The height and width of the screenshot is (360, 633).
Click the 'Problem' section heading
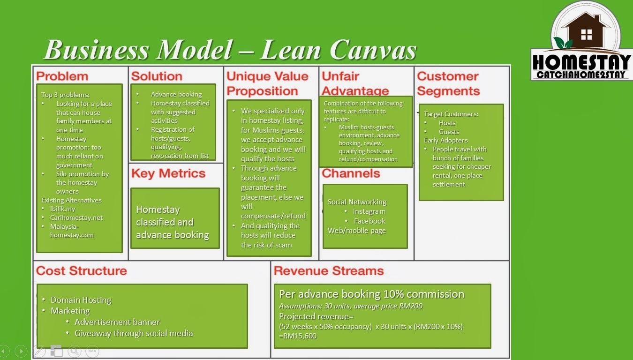click(x=62, y=76)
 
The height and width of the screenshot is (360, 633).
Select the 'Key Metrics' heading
click(x=168, y=173)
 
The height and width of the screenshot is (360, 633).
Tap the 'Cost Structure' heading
click(x=81, y=271)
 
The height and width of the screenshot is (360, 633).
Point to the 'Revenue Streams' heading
click(x=329, y=271)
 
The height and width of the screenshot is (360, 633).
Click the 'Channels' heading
click(x=351, y=173)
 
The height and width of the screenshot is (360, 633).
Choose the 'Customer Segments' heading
click(x=448, y=83)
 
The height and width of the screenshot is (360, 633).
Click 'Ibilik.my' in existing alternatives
click(x=62, y=209)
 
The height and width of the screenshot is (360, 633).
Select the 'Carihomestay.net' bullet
click(x=76, y=217)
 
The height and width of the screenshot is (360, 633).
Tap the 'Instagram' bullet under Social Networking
click(x=369, y=211)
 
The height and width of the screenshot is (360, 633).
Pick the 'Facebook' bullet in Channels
click(x=369, y=221)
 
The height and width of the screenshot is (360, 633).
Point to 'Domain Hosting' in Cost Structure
click(x=81, y=300)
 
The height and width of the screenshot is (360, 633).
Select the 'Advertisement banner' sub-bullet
click(x=117, y=322)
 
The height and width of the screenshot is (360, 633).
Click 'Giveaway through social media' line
click(x=133, y=333)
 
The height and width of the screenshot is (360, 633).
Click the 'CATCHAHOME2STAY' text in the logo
click(x=581, y=75)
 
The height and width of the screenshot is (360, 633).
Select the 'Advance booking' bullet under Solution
click(x=176, y=94)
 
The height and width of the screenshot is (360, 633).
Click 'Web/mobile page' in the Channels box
click(x=356, y=231)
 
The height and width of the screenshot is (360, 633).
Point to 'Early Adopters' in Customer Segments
click(x=445, y=140)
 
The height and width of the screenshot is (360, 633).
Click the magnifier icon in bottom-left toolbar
click(x=74, y=351)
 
